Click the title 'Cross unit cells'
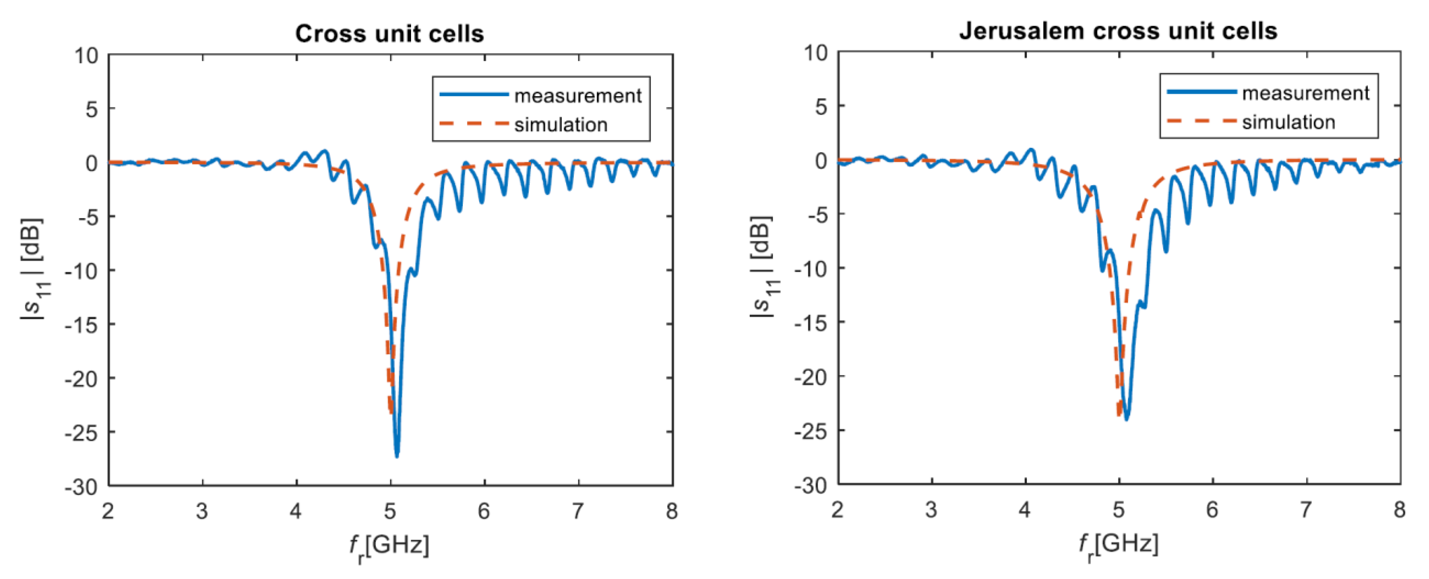(x=389, y=34)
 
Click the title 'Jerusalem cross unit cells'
(x=1118, y=31)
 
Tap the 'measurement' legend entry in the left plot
(x=577, y=96)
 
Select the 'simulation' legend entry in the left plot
(x=560, y=125)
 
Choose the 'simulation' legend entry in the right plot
(x=1288, y=122)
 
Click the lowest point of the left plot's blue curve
(x=397, y=456)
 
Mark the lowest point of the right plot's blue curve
(x=1127, y=419)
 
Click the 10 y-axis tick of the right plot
(x=816, y=53)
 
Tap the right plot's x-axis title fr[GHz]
(x=1118, y=546)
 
